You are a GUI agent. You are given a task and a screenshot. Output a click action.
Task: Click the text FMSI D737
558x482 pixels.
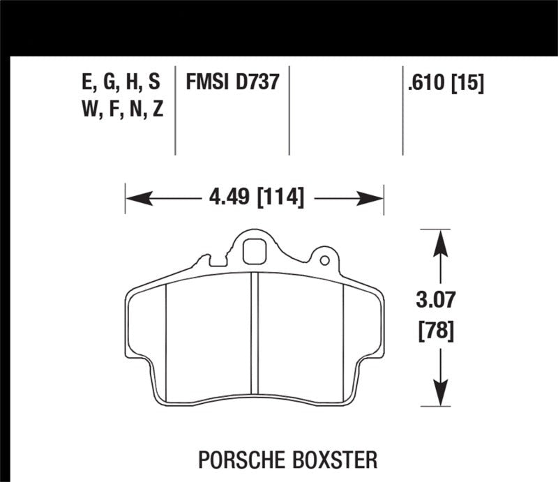pos(232,83)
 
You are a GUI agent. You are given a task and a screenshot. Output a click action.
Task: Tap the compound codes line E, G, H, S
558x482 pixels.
pos(121,83)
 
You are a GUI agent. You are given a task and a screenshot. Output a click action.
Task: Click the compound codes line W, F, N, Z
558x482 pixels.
pos(121,110)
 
